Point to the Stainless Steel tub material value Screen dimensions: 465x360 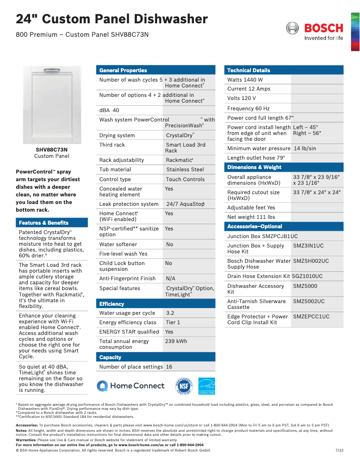coord(185,169)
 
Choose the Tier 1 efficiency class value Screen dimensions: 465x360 coord(173,322)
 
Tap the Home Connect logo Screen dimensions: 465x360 coord(131,386)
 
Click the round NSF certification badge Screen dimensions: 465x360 coord(183,386)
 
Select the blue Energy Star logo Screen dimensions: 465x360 coord(206,386)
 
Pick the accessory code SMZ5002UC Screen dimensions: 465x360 coord(309,301)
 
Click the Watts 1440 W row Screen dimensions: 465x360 coord(245,80)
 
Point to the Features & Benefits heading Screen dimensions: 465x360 coord(44,223)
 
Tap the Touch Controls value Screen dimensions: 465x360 coord(185,179)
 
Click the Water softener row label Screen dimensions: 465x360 coord(118,244)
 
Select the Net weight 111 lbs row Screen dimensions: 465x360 coord(251,217)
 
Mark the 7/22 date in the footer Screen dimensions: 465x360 coord(339,450)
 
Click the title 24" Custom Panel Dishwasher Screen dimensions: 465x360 coord(112,19)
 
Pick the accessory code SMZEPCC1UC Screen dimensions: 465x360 coord(311,317)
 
